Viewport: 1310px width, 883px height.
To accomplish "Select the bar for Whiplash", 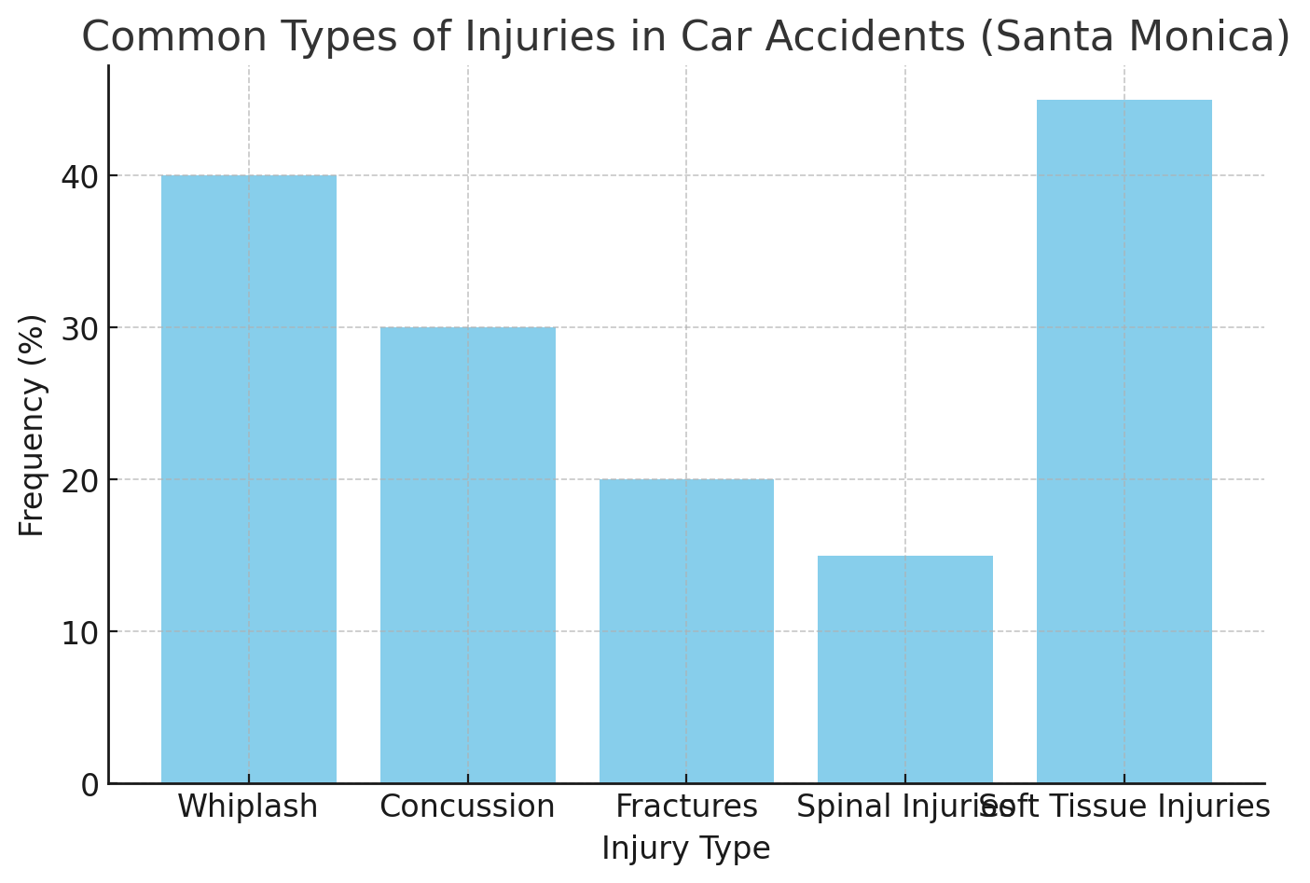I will pos(248,479).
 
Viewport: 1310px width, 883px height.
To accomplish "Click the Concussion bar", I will pos(467,555).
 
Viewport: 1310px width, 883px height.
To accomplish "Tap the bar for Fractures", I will pos(686,631).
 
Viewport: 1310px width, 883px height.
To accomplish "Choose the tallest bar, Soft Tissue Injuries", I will pos(1124,441).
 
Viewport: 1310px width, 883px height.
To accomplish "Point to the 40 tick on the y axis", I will pos(79,176).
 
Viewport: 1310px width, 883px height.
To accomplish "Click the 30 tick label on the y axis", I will pos(79,328).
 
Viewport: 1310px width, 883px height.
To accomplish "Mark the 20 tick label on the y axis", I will pos(79,480).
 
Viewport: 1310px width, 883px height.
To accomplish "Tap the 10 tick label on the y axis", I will pos(79,632).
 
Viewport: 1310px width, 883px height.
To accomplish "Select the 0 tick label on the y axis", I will pos(90,785).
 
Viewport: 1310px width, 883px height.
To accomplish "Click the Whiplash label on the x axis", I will pos(248,807).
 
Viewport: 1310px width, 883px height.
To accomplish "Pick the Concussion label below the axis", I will pos(467,807).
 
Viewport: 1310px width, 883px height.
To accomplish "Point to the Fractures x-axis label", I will pos(686,807).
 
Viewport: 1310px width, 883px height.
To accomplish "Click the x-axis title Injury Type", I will pos(686,849).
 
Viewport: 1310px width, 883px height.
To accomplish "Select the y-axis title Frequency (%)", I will pos(32,425).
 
